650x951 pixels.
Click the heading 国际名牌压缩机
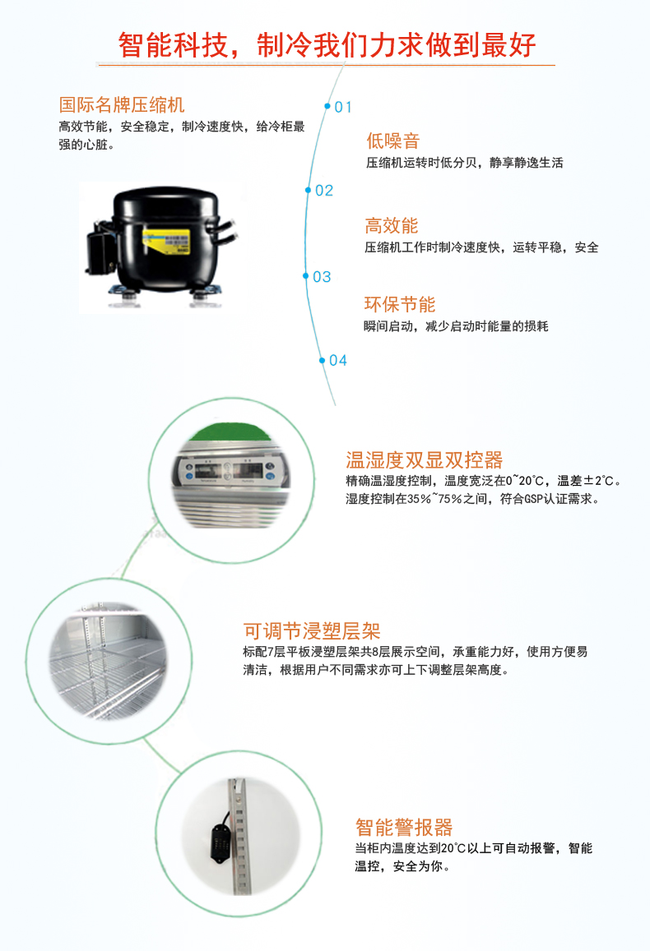[x=121, y=105]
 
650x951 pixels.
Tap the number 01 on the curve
[x=342, y=107]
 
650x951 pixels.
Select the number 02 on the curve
[x=323, y=191]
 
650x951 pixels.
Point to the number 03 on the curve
[x=321, y=277]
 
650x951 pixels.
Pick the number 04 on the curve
[x=337, y=360]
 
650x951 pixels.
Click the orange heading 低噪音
[x=392, y=141]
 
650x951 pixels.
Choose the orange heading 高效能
[x=392, y=225]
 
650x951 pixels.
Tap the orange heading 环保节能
[x=400, y=304]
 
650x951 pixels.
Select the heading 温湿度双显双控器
[x=424, y=459]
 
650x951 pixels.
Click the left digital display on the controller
[x=207, y=471]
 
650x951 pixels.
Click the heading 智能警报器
[x=403, y=827]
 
